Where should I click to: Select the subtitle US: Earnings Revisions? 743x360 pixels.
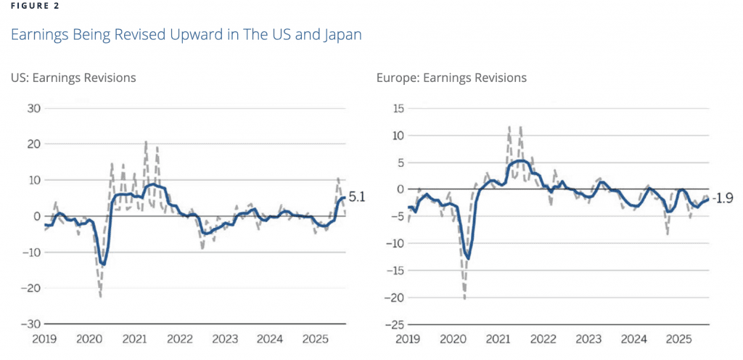click(x=73, y=78)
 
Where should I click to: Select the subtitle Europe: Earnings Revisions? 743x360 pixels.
click(x=451, y=78)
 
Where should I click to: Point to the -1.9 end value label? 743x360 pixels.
click(x=723, y=198)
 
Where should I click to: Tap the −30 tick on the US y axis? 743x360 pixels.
click(x=31, y=324)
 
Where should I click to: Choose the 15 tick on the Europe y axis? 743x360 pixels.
click(x=395, y=109)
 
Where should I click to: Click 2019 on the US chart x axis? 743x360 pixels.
click(x=45, y=339)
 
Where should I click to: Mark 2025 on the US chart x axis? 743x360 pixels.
click(x=315, y=339)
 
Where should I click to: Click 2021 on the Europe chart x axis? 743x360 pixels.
click(x=498, y=339)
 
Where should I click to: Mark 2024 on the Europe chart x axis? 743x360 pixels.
click(x=633, y=339)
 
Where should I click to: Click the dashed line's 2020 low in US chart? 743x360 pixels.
click(x=100, y=295)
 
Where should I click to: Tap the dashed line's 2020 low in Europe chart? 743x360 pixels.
click(x=464, y=298)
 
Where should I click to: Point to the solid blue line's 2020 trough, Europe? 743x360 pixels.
click(x=469, y=258)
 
